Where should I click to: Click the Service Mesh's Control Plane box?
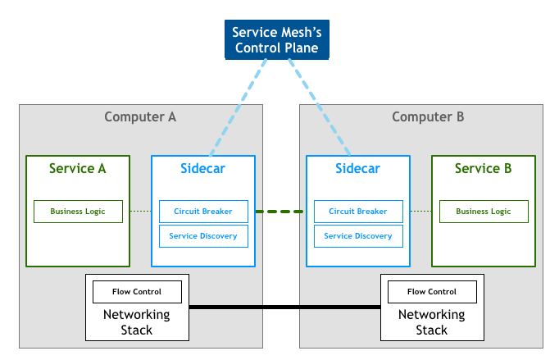pyautogui.click(x=277, y=39)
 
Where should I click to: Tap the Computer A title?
pyautogui.click(x=140, y=117)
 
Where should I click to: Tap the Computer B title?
pyautogui.click(x=428, y=117)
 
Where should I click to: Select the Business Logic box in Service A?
pyautogui.click(x=78, y=212)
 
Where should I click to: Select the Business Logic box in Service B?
pyautogui.click(x=484, y=212)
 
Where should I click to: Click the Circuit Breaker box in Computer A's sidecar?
pyautogui.click(x=203, y=212)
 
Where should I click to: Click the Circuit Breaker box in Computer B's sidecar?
pyautogui.click(x=358, y=212)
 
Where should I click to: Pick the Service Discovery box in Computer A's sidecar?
pyautogui.click(x=203, y=236)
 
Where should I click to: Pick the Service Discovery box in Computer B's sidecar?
pyautogui.click(x=358, y=236)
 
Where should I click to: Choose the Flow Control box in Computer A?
pyautogui.click(x=137, y=292)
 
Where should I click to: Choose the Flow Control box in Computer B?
pyautogui.click(x=432, y=292)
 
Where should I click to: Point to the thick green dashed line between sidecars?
pyautogui.click(x=280, y=212)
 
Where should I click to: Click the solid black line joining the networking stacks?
pyautogui.click(x=285, y=307)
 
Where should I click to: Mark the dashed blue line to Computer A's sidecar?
pyautogui.click(x=239, y=107)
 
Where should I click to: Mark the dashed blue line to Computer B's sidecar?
pyautogui.click(x=319, y=107)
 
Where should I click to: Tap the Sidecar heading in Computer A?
pyautogui.click(x=202, y=168)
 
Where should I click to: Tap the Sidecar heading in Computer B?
pyautogui.click(x=358, y=168)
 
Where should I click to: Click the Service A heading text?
pyautogui.click(x=78, y=168)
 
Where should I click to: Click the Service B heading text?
pyautogui.click(x=484, y=168)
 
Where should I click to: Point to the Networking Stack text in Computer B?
pyautogui.click(x=432, y=322)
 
